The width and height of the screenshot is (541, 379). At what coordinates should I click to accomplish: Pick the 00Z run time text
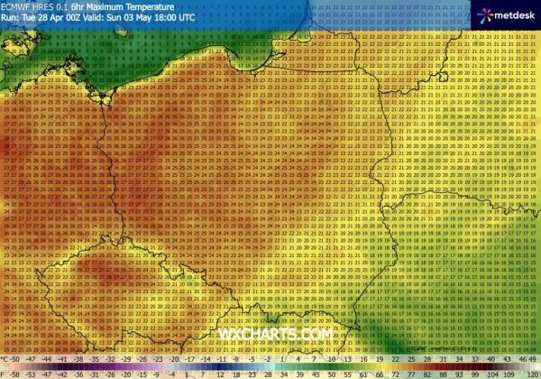coord(69,17)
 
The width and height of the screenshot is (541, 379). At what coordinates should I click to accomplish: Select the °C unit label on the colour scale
coord(6,359)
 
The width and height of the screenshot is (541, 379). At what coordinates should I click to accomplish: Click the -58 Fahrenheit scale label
coord(8,372)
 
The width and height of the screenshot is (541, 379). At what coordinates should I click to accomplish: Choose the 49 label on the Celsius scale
coord(531,359)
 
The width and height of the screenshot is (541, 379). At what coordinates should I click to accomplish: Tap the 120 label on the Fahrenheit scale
coord(532,372)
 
